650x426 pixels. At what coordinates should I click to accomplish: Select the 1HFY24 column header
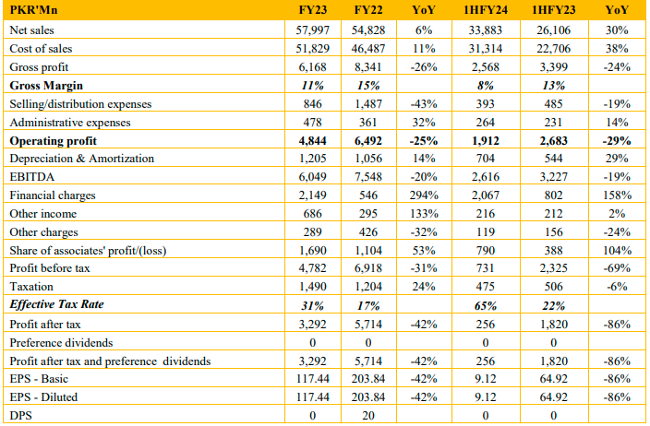(x=486, y=10)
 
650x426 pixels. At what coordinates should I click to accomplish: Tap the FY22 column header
(x=368, y=10)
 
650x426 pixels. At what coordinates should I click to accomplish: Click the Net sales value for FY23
(x=313, y=30)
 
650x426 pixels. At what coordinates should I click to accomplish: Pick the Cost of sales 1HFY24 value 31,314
(x=486, y=49)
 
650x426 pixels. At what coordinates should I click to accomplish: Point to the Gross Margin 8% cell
(x=486, y=86)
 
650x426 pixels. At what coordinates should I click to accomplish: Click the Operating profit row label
(x=53, y=141)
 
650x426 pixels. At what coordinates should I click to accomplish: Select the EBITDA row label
(x=32, y=177)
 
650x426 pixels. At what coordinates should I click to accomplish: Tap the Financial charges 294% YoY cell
(x=424, y=195)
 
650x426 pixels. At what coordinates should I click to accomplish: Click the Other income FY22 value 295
(x=368, y=214)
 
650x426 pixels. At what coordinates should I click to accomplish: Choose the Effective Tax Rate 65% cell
(x=486, y=306)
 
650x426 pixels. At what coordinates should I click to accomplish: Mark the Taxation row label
(x=31, y=287)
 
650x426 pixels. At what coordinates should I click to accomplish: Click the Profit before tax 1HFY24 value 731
(x=486, y=268)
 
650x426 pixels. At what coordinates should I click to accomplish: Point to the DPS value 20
(x=368, y=415)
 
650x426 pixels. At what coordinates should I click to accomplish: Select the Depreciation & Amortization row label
(x=81, y=159)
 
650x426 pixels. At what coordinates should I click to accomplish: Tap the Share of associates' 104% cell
(x=617, y=251)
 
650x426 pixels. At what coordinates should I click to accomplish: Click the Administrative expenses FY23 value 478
(x=313, y=123)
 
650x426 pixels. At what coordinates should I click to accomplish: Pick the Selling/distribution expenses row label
(x=80, y=104)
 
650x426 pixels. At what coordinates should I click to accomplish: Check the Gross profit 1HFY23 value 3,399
(x=553, y=67)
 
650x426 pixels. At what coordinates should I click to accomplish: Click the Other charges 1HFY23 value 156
(x=553, y=231)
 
